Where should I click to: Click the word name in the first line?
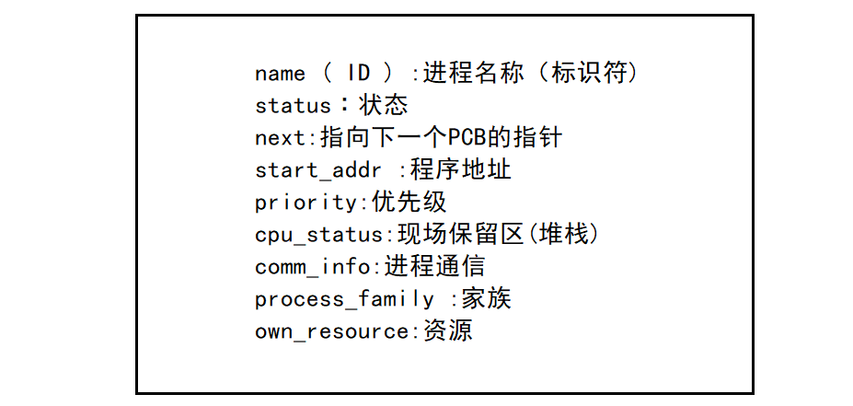point(280,74)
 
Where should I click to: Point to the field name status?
point(293,106)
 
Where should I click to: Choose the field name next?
point(280,138)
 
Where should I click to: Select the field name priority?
point(305,203)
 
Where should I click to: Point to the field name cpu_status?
point(318,235)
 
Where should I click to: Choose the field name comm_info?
point(312,267)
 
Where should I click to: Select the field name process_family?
point(344,299)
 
